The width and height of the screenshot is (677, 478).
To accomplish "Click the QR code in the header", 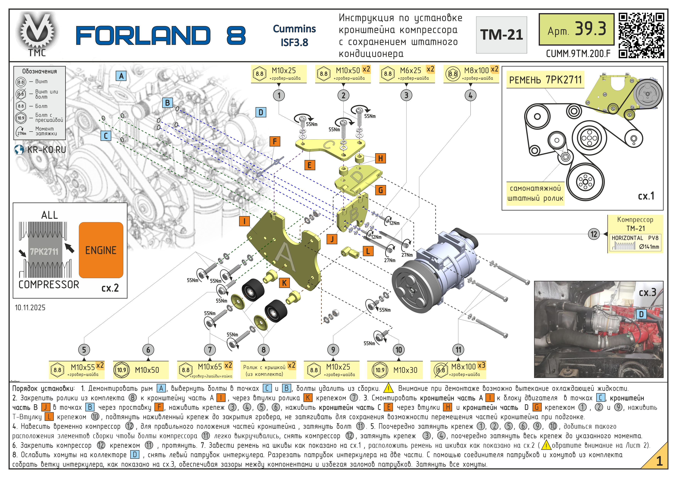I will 641,35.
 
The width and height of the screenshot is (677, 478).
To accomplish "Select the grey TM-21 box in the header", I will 501,35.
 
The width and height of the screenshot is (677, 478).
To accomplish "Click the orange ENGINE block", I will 101,250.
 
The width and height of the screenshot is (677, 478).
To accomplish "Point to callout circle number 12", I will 594,234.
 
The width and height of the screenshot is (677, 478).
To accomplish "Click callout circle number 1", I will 279,95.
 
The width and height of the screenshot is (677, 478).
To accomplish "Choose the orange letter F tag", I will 274,141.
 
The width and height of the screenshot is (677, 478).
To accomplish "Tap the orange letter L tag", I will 368,251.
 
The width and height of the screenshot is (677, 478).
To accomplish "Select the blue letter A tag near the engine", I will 121,76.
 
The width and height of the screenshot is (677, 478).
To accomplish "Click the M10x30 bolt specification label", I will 395,370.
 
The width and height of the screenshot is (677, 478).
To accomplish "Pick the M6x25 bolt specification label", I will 407,74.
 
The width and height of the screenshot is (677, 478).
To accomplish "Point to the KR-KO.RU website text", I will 46,150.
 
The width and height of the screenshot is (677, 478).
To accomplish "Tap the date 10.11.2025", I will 30,307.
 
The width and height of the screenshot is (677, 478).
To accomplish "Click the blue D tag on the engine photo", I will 641,314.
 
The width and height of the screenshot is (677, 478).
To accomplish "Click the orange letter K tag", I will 284,283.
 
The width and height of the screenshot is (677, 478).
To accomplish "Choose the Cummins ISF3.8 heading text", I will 294,35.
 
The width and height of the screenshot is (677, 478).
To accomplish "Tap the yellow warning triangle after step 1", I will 389,388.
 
